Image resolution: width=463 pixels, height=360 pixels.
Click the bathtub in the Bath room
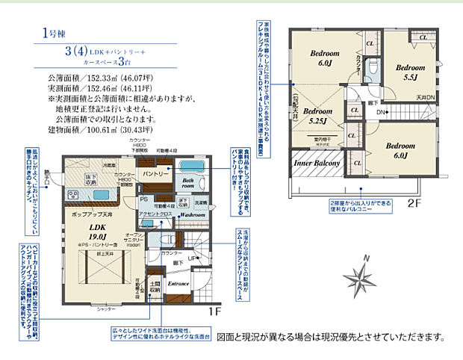[x=193, y=167]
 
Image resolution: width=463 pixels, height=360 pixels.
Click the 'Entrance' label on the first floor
[x=180, y=284]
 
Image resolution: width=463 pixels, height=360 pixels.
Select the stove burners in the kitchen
[x=75, y=196]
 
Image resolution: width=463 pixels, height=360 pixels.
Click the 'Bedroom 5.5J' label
[x=410, y=72]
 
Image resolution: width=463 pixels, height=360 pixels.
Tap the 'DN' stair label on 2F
[x=380, y=112]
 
